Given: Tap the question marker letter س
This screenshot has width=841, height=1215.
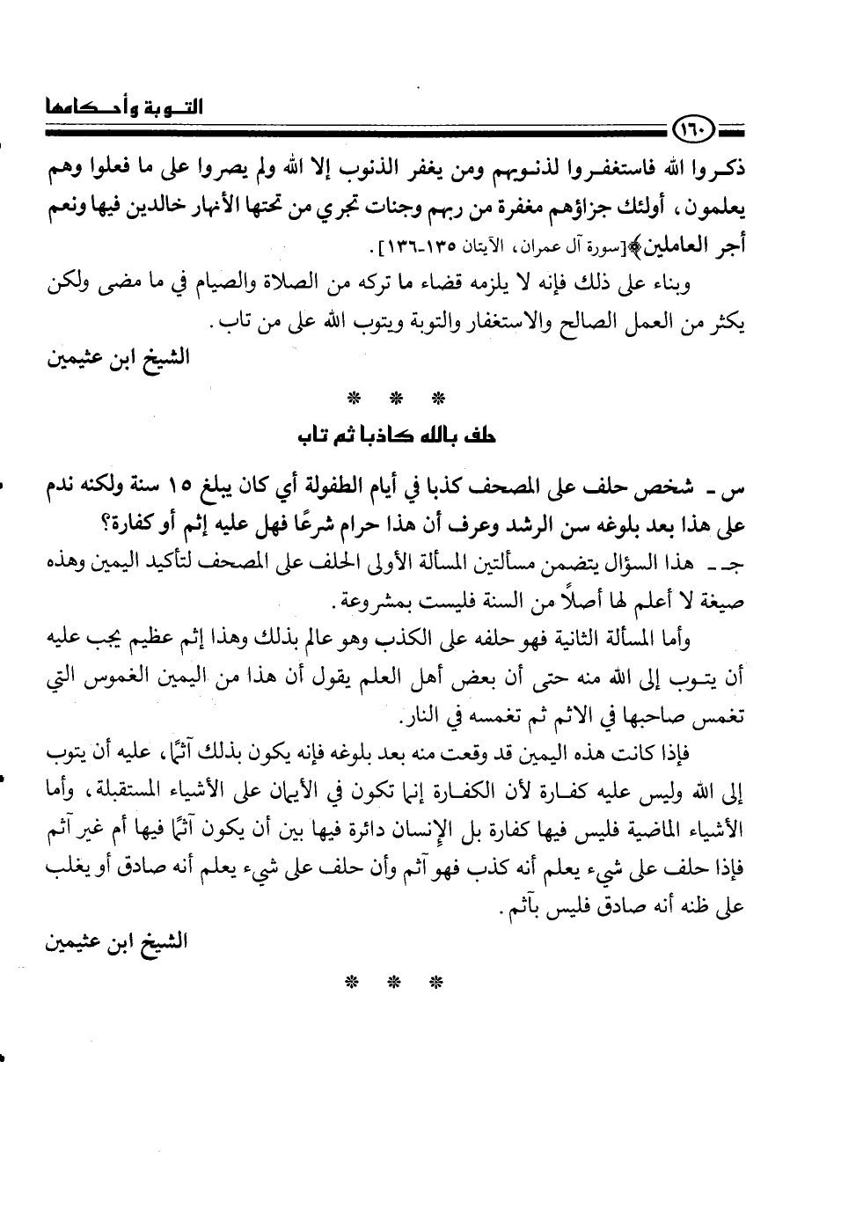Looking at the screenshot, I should (x=735, y=489).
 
